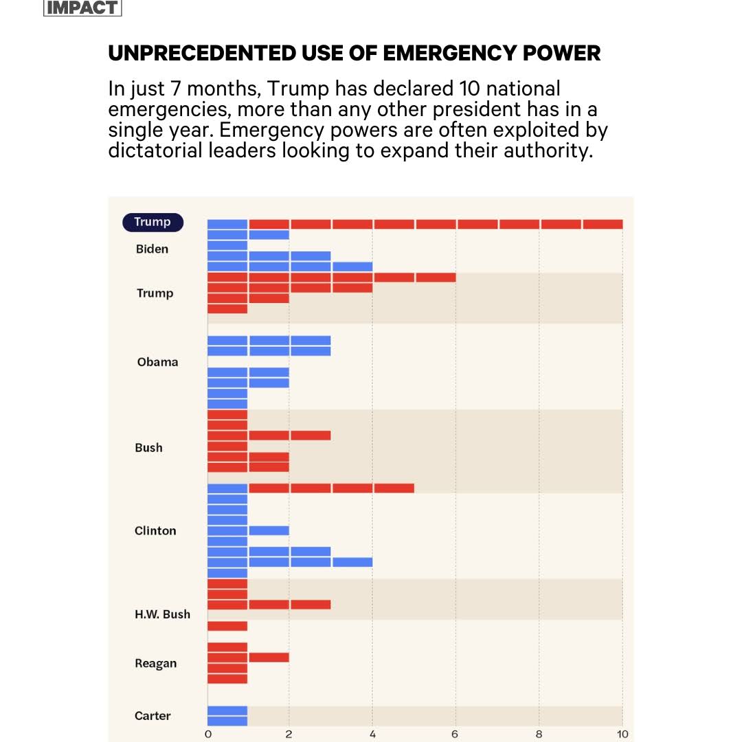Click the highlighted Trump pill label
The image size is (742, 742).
point(153,222)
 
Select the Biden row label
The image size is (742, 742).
point(152,249)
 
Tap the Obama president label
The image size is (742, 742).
point(157,362)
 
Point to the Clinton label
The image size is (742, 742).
point(155,530)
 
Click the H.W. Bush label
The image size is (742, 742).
point(162,614)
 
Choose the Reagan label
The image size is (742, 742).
point(155,664)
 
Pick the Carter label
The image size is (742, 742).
point(153,716)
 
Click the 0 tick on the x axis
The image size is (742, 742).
point(208,734)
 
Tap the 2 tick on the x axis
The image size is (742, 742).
point(289,734)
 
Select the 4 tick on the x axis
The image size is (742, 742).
point(372,734)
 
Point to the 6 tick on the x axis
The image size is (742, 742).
point(455,734)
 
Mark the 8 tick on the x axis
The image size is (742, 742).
point(539,734)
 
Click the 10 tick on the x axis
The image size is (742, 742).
point(622,734)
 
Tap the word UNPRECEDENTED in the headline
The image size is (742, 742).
point(202,53)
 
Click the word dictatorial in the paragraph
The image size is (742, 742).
point(156,150)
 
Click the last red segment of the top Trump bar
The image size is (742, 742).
point(603,224)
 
